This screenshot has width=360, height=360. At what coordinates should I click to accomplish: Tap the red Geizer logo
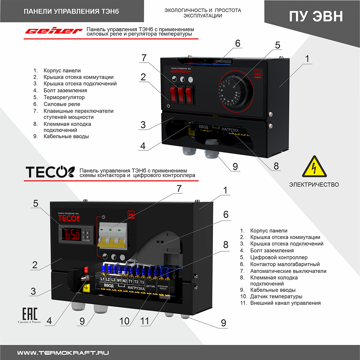coord(52,31)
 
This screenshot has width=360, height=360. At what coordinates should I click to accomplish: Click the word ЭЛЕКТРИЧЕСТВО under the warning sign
coord(314,184)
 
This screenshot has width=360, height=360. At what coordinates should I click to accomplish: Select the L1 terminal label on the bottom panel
coord(102,279)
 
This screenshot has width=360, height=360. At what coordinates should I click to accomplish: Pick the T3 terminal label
coord(142,282)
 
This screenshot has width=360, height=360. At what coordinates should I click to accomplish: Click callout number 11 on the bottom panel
coord(154,321)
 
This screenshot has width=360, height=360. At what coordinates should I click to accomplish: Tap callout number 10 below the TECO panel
coord(124,321)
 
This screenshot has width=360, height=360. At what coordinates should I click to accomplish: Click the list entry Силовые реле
coord(62,104)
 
